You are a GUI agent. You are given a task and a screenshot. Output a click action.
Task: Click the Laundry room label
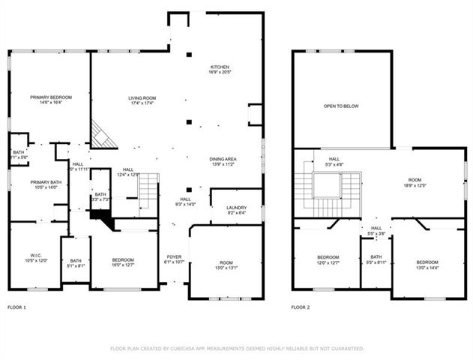click(236, 210)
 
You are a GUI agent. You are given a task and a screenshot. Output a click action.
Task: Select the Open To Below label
click(341, 106)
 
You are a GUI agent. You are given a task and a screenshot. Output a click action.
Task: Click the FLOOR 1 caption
click(16, 307)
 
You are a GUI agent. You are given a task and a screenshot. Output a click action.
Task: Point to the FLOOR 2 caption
click(301, 307)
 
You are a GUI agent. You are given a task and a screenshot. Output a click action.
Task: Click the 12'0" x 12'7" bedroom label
click(328, 260)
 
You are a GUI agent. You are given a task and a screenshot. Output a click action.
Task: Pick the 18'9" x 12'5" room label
click(415, 182)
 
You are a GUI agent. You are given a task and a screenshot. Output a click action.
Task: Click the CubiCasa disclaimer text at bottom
click(237, 349)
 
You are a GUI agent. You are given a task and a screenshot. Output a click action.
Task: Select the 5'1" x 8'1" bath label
click(76, 262)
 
